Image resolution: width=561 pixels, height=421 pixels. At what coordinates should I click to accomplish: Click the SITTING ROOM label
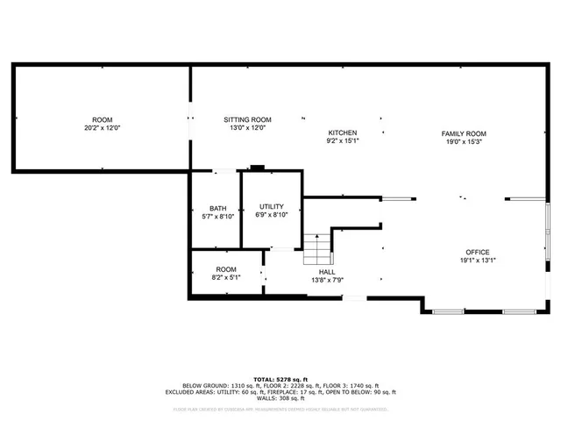pyautogui.click(x=247, y=119)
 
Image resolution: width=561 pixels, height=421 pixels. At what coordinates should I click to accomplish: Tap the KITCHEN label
pyautogui.click(x=343, y=132)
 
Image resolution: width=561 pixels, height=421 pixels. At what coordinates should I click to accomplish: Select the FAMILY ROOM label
pyautogui.click(x=463, y=132)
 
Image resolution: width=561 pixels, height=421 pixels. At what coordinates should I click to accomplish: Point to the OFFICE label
pyautogui.click(x=478, y=252)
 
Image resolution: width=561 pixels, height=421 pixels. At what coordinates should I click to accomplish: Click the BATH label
pyautogui.click(x=217, y=208)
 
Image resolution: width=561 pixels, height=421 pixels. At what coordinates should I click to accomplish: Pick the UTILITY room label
pyautogui.click(x=271, y=206)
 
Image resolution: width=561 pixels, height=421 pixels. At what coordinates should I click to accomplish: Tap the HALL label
pyautogui.click(x=327, y=272)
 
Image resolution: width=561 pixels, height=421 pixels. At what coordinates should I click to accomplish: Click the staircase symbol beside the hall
pyautogui.click(x=317, y=249)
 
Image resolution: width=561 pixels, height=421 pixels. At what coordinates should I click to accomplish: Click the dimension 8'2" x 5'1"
pyautogui.click(x=226, y=277)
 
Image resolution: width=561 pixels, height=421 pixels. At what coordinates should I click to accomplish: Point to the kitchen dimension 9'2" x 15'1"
pyautogui.click(x=343, y=140)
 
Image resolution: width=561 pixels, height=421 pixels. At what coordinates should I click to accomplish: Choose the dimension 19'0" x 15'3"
pyautogui.click(x=463, y=141)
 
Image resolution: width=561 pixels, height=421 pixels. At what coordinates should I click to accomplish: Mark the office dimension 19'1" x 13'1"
pyautogui.click(x=478, y=260)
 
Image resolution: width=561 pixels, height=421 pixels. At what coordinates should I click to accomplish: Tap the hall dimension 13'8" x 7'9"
pyautogui.click(x=327, y=280)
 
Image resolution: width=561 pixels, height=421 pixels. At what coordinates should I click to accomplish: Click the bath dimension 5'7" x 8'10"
pyautogui.click(x=217, y=216)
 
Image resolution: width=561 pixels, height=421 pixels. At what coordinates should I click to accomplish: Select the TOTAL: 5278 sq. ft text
pyautogui.click(x=280, y=379)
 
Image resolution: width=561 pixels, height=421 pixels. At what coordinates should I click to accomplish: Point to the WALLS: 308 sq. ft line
pyautogui.click(x=280, y=398)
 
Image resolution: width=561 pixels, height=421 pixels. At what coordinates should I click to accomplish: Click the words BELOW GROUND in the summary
pyautogui.click(x=204, y=386)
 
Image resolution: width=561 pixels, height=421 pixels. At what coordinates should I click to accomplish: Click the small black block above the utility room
pyautogui.click(x=258, y=167)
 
